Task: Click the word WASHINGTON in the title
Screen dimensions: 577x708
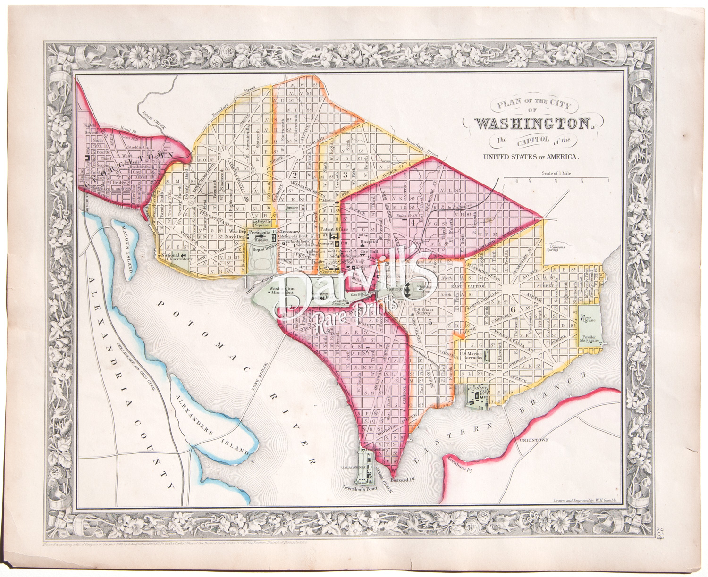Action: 533,124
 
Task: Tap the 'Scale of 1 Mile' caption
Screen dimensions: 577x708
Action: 556,173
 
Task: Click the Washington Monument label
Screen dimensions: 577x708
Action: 281,291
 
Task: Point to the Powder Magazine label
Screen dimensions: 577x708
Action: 589,340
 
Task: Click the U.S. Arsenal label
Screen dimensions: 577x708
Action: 351,468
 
